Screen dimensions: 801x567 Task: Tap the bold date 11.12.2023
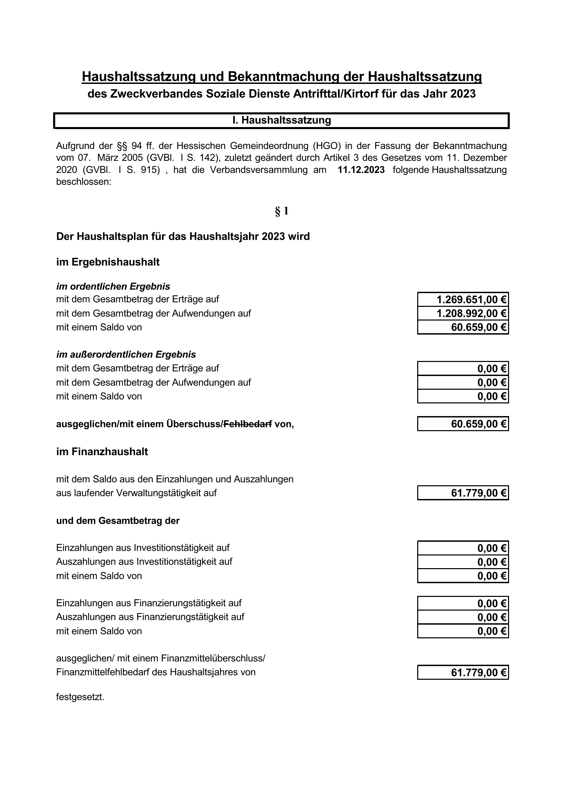(361, 170)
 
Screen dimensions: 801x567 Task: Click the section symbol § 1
(282, 211)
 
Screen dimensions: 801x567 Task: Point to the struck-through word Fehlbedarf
(248, 424)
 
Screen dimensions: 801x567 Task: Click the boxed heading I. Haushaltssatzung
(282, 120)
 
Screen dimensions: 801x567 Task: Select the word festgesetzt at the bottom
(80, 697)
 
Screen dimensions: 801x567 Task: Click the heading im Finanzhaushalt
(102, 452)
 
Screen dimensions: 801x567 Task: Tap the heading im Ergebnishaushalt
(108, 262)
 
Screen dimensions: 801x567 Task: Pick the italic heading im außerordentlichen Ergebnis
(126, 355)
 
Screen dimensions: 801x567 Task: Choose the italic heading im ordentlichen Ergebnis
(113, 287)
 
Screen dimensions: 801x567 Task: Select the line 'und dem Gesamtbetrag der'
(118, 521)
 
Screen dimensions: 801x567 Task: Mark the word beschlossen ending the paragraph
(83, 182)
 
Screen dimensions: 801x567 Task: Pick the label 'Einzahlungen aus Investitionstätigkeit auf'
(143, 548)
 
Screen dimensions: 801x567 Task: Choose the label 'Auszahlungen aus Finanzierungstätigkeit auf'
(150, 617)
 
